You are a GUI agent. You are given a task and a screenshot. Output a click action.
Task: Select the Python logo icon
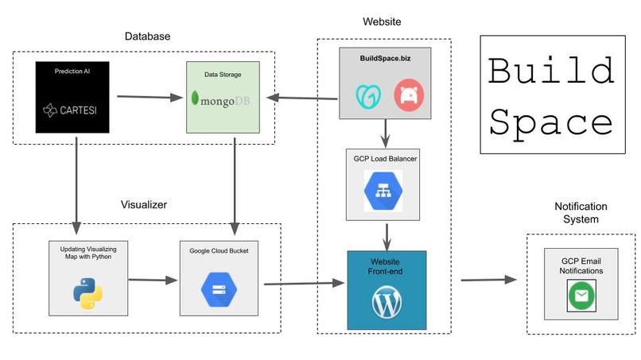pos(87,293)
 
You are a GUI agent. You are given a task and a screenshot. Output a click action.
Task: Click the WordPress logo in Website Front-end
pos(387,302)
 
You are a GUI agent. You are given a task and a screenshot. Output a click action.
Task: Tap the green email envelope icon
pos(581,296)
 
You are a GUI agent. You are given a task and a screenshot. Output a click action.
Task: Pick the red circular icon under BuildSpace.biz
pos(410,96)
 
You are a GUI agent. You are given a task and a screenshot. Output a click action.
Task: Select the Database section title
pos(147,37)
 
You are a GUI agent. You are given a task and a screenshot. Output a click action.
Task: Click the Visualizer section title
pos(144,204)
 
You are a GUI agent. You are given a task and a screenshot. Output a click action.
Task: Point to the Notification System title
pos(581,212)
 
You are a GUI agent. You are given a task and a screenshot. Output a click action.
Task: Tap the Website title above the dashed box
pos(383,21)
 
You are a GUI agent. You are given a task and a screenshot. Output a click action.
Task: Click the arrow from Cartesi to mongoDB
pos(150,98)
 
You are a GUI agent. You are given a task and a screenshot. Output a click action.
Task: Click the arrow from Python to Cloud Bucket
pos(151,280)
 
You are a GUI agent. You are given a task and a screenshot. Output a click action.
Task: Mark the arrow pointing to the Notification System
pos(488,279)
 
